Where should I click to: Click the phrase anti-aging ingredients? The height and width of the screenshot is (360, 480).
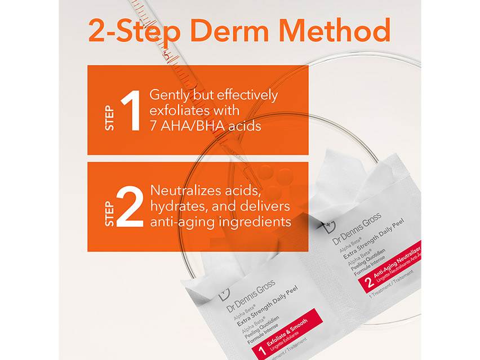pyautogui.click(x=220, y=221)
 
